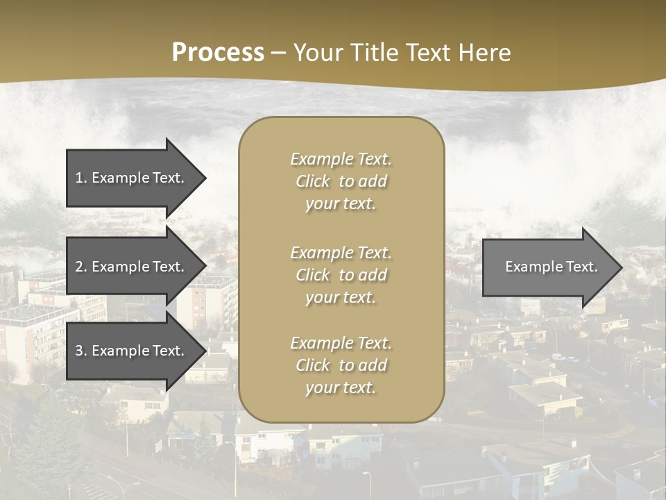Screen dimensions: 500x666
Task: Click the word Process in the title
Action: (218, 53)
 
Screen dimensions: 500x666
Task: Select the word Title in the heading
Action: (374, 53)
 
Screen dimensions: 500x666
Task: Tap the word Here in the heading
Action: (485, 53)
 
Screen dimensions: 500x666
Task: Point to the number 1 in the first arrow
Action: (80, 178)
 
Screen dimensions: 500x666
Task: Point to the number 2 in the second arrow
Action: (80, 267)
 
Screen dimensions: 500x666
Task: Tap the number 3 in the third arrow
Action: (80, 351)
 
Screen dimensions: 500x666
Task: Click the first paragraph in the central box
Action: (341, 181)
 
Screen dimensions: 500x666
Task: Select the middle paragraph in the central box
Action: (341, 275)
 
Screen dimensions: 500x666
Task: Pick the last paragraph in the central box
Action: (341, 365)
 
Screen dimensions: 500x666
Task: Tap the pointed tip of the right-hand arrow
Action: (621, 267)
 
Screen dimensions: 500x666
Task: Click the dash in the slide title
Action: (277, 53)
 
